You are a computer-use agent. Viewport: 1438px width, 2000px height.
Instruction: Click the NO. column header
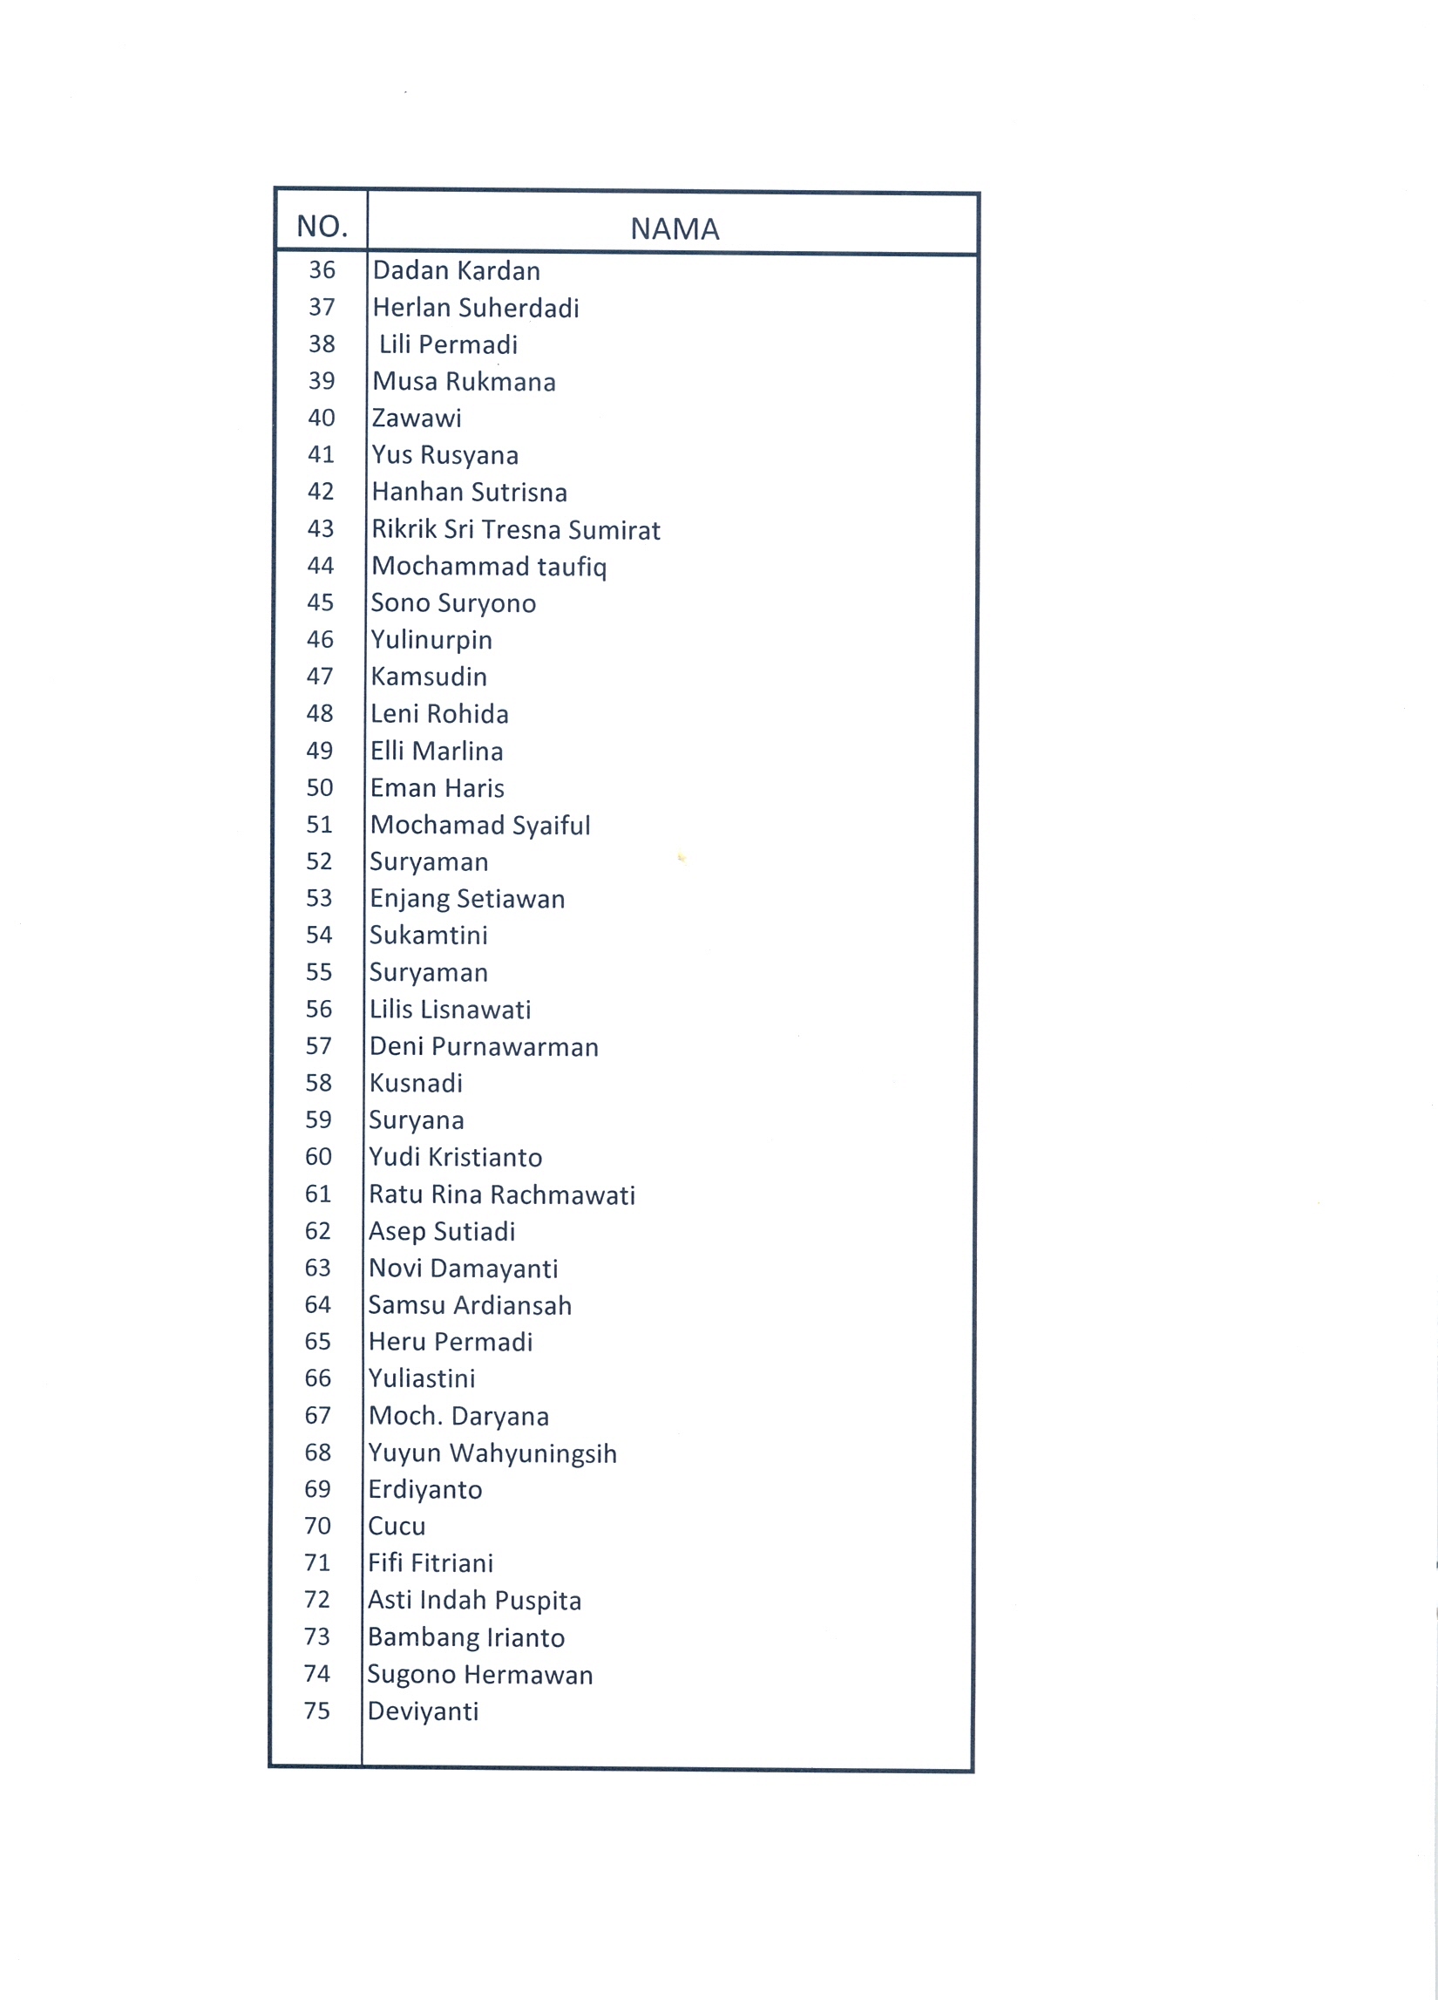pyautogui.click(x=322, y=227)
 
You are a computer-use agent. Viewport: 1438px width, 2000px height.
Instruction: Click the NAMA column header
pyautogui.click(x=675, y=229)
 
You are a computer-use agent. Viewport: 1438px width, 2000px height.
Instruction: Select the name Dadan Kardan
pyautogui.click(x=456, y=271)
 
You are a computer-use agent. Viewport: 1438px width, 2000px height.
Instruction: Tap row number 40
pyautogui.click(x=321, y=418)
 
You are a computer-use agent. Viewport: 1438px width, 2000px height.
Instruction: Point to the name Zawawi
pyautogui.click(x=416, y=418)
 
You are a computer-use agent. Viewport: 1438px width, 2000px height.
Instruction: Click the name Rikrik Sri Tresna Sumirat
pyautogui.click(x=516, y=530)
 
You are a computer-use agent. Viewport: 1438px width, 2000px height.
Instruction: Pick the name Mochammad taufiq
pyautogui.click(x=489, y=566)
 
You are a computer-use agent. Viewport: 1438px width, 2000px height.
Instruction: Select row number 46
pyautogui.click(x=320, y=639)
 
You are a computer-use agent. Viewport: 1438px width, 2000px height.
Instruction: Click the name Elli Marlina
pyautogui.click(x=437, y=752)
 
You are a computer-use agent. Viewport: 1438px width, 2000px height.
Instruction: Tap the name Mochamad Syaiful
pyautogui.click(x=479, y=826)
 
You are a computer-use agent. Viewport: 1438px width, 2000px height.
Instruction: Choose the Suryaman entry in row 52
pyautogui.click(x=429, y=862)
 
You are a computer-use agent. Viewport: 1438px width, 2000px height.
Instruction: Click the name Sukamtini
pyautogui.click(x=429, y=935)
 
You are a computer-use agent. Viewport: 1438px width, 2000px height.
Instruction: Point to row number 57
pyautogui.click(x=318, y=1047)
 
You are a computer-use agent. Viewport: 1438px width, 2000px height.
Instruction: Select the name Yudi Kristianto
pyautogui.click(x=455, y=1157)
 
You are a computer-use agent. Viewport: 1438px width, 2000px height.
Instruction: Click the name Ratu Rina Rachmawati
pyautogui.click(x=502, y=1195)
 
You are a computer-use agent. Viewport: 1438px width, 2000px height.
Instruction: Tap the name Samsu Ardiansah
pyautogui.click(x=470, y=1305)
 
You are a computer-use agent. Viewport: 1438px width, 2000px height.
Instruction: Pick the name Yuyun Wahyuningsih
pyautogui.click(x=492, y=1453)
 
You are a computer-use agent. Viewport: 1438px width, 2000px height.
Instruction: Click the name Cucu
pyautogui.click(x=397, y=1527)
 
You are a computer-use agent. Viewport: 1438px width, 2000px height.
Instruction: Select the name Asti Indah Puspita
pyautogui.click(x=474, y=1601)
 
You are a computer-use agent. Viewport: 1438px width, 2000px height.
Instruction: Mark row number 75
pyautogui.click(x=316, y=1711)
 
